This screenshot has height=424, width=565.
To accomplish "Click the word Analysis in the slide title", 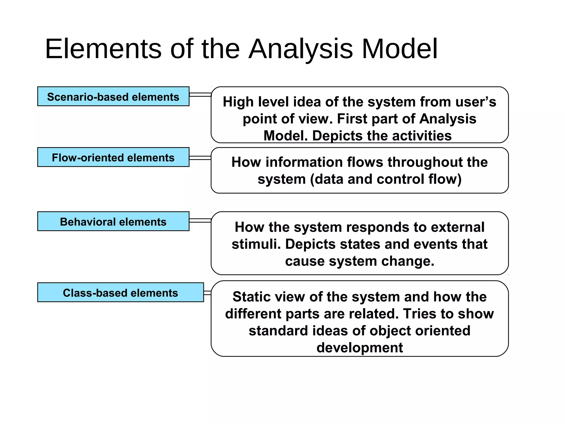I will click(x=301, y=49).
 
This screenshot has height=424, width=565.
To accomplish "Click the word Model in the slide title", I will click(x=399, y=49).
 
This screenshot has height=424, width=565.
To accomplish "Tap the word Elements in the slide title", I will click(x=103, y=49).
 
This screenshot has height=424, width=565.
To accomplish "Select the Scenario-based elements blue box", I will click(x=113, y=97).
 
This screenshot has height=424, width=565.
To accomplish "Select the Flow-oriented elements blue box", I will click(x=113, y=157).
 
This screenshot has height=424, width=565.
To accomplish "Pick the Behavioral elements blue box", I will click(x=113, y=221).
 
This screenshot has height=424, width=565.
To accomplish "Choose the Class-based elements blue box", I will click(x=120, y=292).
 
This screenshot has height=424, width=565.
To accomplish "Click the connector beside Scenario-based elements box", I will click(x=200, y=95).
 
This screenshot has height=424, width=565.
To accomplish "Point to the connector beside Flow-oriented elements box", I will click(x=200, y=158).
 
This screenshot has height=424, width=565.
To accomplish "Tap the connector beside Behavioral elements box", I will click(x=200, y=220).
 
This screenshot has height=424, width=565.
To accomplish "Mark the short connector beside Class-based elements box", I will click(x=207, y=293).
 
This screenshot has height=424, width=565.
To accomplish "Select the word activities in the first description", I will click(x=422, y=136).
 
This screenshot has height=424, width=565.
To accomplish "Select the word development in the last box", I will click(x=359, y=348).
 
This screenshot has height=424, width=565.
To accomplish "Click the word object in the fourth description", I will click(x=390, y=331).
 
